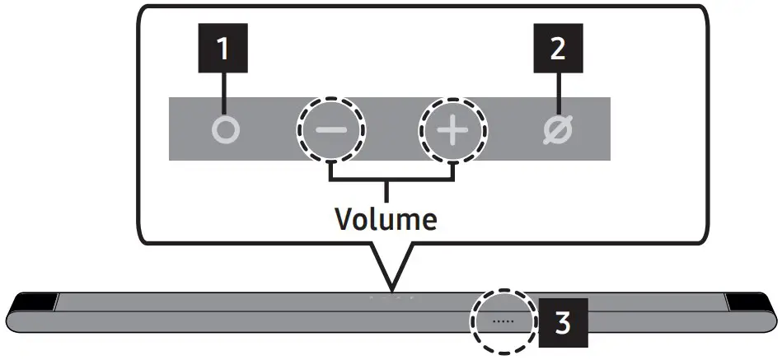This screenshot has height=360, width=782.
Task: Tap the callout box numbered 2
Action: coord(558,50)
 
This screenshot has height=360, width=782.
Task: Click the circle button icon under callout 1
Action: coord(224,131)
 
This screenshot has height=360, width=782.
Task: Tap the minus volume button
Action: coord(331,131)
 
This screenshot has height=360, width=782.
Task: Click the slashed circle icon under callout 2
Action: coord(559,131)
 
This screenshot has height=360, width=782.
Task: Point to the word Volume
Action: coord(385,219)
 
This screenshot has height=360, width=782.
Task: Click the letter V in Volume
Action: coord(344,219)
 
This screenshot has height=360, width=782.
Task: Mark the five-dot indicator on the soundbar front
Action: coord(503,319)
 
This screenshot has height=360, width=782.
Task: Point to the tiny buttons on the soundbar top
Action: coord(392,297)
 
